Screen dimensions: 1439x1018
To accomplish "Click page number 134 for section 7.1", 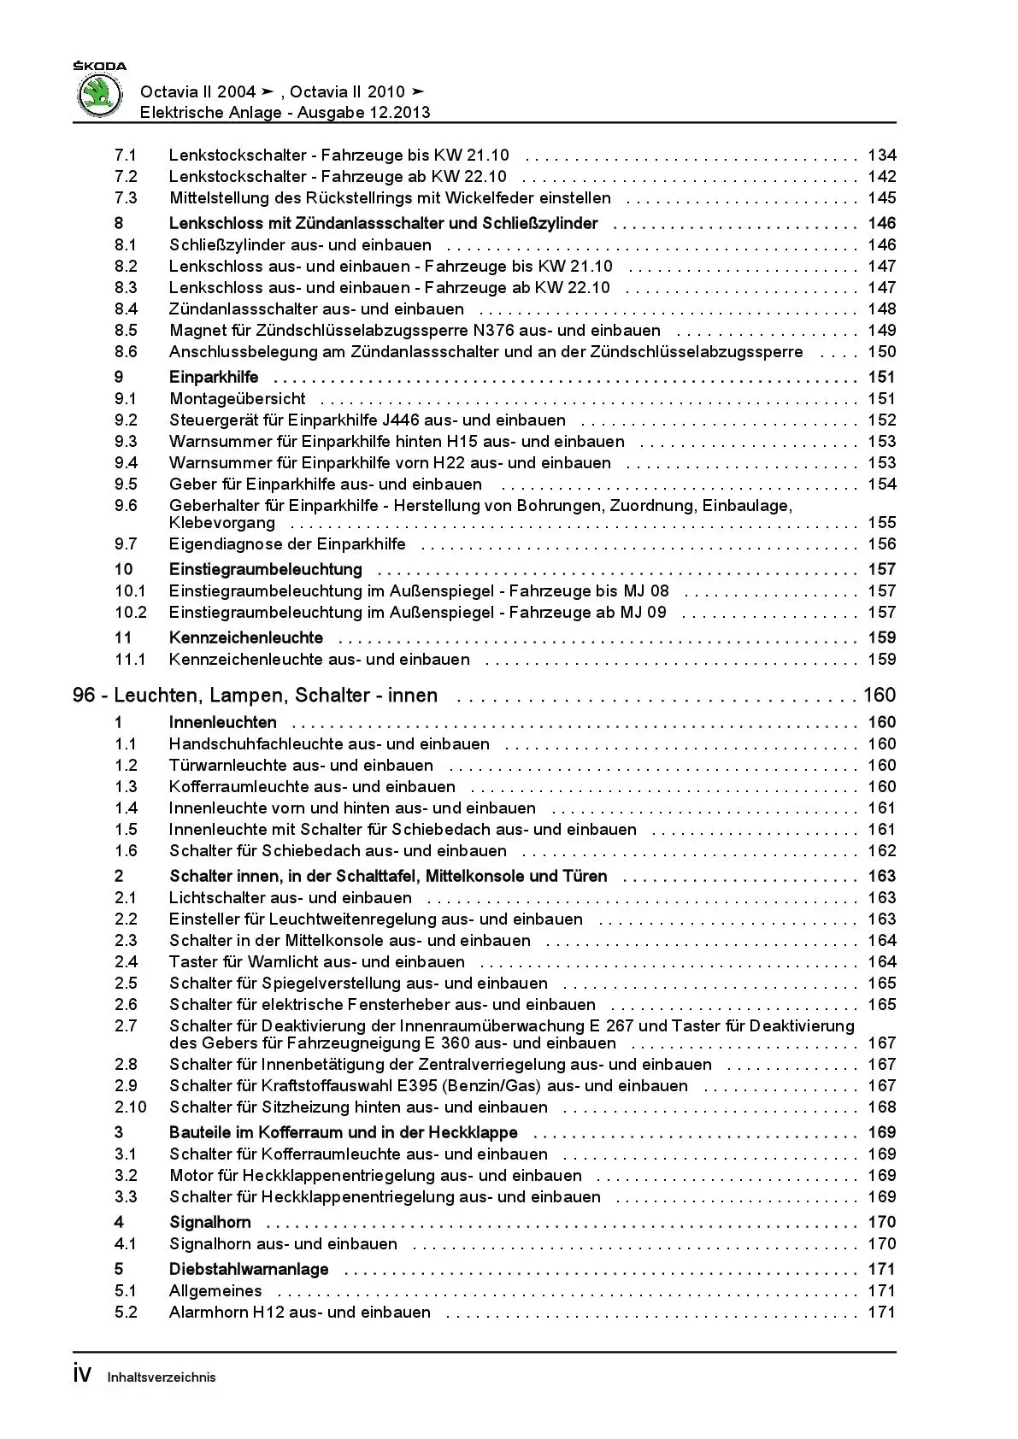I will (x=881, y=155).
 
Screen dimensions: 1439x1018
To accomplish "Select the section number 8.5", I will (x=126, y=330).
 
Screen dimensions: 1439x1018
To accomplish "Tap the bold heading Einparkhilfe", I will (x=214, y=377).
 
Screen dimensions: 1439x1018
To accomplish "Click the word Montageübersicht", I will (x=237, y=398).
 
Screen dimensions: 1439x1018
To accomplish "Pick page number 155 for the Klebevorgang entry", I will (x=881, y=522).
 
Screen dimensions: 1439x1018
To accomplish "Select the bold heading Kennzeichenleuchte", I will (x=246, y=637).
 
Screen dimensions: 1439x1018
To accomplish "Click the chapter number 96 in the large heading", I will (x=84, y=696).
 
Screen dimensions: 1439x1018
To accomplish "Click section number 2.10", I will (x=130, y=1107).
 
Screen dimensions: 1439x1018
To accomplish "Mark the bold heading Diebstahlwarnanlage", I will (x=249, y=1269).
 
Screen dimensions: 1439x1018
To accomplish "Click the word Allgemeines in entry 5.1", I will (x=215, y=1290).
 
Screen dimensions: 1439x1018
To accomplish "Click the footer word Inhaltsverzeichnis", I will (x=162, y=1377).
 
